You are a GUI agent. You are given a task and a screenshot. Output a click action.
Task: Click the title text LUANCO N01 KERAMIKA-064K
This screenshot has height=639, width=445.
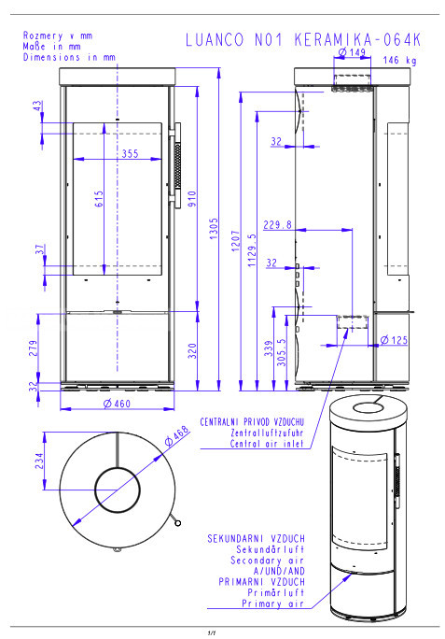coord(303,39)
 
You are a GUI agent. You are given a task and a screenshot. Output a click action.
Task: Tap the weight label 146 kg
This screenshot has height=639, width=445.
coord(399,61)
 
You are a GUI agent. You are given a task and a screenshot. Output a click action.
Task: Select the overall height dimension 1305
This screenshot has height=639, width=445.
coord(214,229)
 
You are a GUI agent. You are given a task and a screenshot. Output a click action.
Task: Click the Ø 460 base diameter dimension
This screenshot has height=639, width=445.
coord(117,404)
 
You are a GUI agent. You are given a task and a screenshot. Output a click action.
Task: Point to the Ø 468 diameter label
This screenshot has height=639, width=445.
coord(177,435)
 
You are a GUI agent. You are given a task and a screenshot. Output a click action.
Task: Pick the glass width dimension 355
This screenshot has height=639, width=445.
coord(131,153)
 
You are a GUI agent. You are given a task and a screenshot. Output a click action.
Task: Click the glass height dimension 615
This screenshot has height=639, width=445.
coord(99,199)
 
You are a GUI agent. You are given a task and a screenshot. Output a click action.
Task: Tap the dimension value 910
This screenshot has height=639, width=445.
coord(192,198)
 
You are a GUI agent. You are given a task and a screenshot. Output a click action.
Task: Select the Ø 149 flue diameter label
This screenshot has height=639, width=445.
coord(352,52)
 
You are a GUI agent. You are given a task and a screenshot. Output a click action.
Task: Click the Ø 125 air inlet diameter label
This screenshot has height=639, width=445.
coord(394,340)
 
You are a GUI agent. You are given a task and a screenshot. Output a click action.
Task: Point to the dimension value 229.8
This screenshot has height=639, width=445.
coord(277,224)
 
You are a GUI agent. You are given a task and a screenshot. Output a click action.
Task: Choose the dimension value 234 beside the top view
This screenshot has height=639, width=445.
coord(39,461)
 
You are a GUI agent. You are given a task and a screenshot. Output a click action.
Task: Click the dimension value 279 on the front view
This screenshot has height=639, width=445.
coord(34,348)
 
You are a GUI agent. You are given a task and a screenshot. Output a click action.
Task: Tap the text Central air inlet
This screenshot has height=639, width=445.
coord(267,444)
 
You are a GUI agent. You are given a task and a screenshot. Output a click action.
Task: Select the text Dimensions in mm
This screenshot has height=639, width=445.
coord(69,57)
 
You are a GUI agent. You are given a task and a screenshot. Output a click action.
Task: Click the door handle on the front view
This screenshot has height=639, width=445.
coord(177,166)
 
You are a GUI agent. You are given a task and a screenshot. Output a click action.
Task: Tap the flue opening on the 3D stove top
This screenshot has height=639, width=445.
coord(368,407)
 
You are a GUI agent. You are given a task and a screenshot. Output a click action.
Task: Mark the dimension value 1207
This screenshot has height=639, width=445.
coord(236,240)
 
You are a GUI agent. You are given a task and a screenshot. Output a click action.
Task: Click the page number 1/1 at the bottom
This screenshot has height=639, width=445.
coord(211,632)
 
